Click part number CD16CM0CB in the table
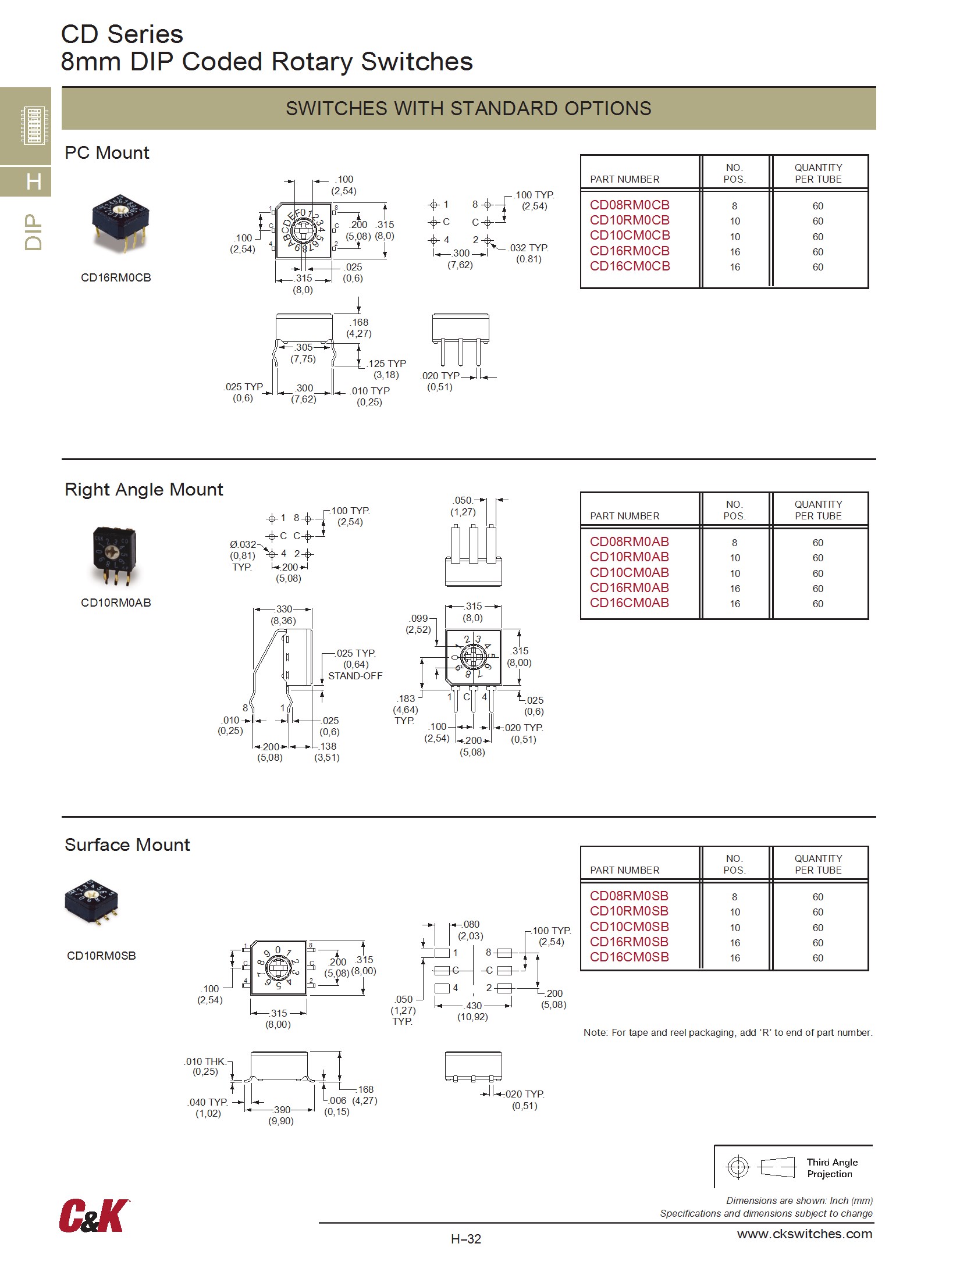(x=630, y=266)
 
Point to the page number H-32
(x=466, y=1239)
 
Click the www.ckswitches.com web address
(x=804, y=1234)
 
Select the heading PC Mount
(x=107, y=153)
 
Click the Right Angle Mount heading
(x=144, y=490)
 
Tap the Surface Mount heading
(x=127, y=845)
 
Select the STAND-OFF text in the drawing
(x=355, y=676)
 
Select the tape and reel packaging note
(x=728, y=1032)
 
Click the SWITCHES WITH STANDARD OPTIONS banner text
(x=468, y=109)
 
